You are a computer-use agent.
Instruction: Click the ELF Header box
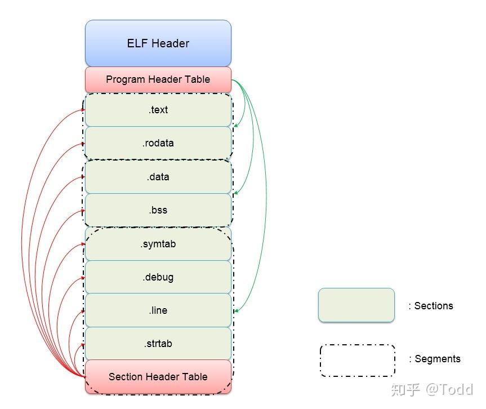coord(158,43)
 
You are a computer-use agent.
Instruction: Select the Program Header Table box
coord(158,79)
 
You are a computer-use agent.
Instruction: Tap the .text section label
coord(158,110)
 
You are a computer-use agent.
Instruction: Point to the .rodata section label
coord(158,143)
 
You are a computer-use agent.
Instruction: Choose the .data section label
coord(158,177)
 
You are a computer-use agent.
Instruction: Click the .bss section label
coord(158,210)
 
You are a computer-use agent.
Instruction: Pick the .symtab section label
coord(158,244)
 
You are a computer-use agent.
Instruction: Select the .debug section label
coord(158,277)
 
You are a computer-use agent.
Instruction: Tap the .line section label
coord(158,310)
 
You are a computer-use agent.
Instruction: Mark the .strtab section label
coord(158,344)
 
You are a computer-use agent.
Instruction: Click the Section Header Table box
coord(158,377)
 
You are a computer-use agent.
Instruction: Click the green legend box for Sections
coord(356,305)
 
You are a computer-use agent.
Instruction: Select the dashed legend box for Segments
coord(357,360)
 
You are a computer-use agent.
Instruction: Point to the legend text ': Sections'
coord(431,306)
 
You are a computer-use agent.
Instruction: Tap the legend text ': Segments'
coord(434,359)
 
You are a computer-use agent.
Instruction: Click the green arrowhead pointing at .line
coord(235,310)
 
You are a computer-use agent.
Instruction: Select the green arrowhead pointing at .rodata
coord(235,126)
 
